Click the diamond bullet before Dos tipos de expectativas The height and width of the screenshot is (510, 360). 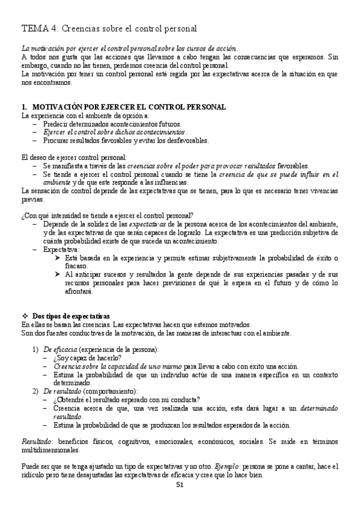[24, 316]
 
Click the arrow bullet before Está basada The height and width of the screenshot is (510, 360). [58, 257]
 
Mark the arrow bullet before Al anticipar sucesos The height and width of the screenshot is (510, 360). [58, 274]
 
